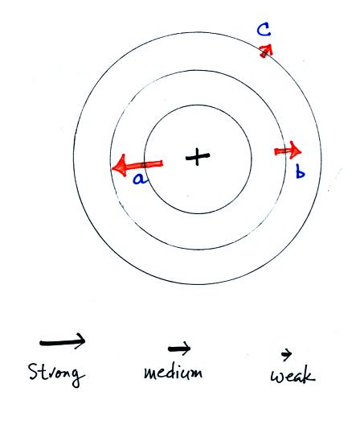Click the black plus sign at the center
(x=198, y=157)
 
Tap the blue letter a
(x=140, y=179)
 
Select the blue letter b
(x=301, y=172)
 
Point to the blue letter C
(x=264, y=30)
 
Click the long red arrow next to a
(x=137, y=165)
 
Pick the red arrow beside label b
(x=288, y=151)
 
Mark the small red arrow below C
(x=266, y=51)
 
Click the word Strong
(x=56, y=374)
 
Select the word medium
(x=173, y=372)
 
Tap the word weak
(x=292, y=375)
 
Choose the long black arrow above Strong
(x=63, y=342)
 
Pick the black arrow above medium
(x=179, y=349)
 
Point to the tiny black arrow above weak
(x=286, y=354)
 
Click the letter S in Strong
(x=33, y=371)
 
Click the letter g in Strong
(x=79, y=378)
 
